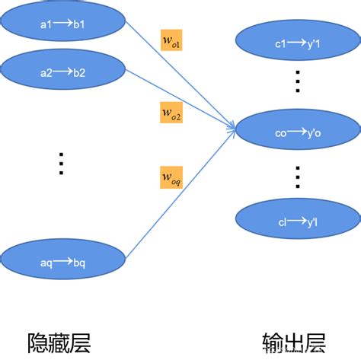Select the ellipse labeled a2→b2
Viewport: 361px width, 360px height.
coord(64,72)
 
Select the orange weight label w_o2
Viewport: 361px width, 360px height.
coord(171,113)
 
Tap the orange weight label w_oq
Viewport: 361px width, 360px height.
coord(171,177)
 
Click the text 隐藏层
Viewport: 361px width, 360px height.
coord(59,341)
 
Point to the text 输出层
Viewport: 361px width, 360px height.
coord(292,341)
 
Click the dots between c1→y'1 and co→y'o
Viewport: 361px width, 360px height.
coord(298,81)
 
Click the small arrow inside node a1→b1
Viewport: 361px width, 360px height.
coord(64,24)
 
